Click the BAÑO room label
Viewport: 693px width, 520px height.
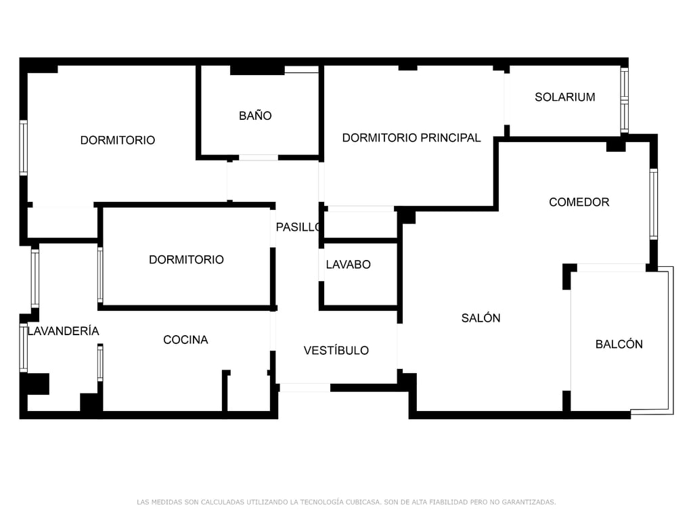pyautogui.click(x=255, y=116)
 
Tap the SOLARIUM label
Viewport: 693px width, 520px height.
pyautogui.click(x=564, y=97)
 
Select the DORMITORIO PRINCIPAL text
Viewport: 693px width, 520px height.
pyautogui.click(x=411, y=137)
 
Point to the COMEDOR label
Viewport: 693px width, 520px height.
pyautogui.click(x=579, y=202)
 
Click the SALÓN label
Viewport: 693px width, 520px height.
pyautogui.click(x=480, y=318)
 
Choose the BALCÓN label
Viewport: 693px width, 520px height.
pyautogui.click(x=619, y=344)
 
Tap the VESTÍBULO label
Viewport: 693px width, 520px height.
pyautogui.click(x=336, y=350)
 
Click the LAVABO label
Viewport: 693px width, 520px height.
pyautogui.click(x=348, y=264)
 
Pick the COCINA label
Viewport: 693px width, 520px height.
pyautogui.click(x=185, y=339)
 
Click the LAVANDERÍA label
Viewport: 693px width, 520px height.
pyautogui.click(x=63, y=330)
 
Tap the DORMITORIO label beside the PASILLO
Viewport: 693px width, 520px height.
pyautogui.click(x=186, y=259)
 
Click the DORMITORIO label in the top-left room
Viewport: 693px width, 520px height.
pyautogui.click(x=117, y=140)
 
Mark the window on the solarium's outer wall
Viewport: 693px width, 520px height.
pyautogui.click(x=625, y=101)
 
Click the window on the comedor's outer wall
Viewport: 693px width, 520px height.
pyautogui.click(x=653, y=204)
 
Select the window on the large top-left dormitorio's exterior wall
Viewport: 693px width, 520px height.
pyautogui.click(x=24, y=148)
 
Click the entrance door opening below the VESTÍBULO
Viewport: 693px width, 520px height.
pyautogui.click(x=305, y=387)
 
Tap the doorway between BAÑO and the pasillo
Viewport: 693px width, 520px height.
pyautogui.click(x=258, y=158)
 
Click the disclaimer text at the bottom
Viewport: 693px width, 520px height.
pyautogui.click(x=346, y=502)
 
